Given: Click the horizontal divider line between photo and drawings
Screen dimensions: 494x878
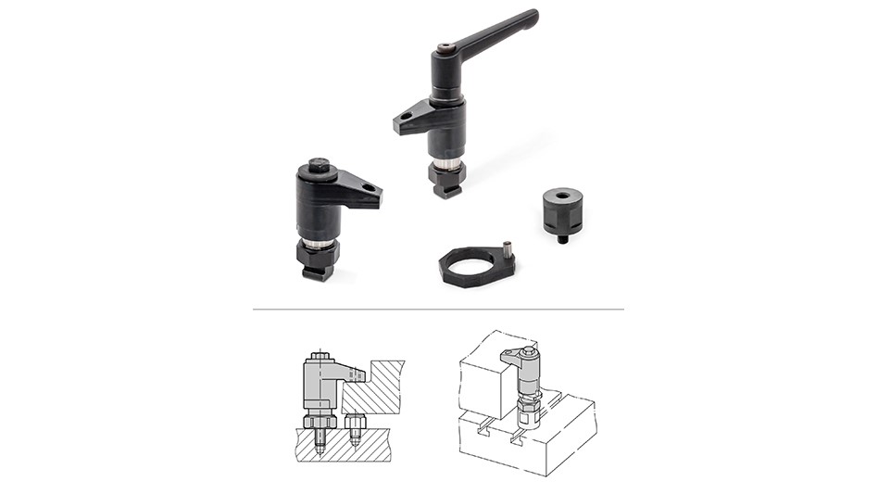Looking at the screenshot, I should [438, 309].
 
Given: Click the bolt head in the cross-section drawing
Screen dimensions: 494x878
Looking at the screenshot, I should [320, 355].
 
